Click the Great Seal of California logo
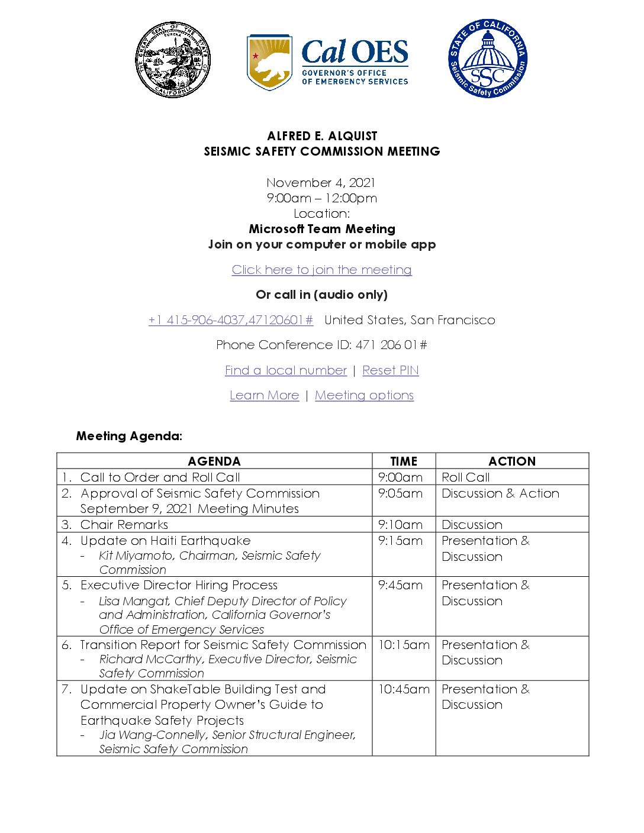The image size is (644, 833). pos(172,60)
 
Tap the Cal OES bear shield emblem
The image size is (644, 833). pos(269,62)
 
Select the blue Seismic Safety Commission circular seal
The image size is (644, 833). pos(487,59)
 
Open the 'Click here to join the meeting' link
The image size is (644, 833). pos(321,270)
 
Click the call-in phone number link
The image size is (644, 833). pos(231,320)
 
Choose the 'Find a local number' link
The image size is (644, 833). pos(285,370)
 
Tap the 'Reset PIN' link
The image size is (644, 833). pos(391,370)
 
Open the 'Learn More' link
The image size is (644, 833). pos(264,395)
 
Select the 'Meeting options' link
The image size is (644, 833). pos(364,395)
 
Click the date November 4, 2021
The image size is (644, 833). pos(321,183)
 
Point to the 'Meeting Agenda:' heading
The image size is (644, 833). pos(129,436)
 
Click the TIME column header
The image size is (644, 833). pos(404,461)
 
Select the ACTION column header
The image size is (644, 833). pos(512,461)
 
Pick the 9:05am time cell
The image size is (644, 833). pos(401,493)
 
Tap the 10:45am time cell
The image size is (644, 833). pos(404,689)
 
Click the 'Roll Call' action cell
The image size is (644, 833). pos(466,477)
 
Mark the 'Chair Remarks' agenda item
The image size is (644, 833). pos(124,525)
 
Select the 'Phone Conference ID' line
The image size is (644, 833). pos(321,345)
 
